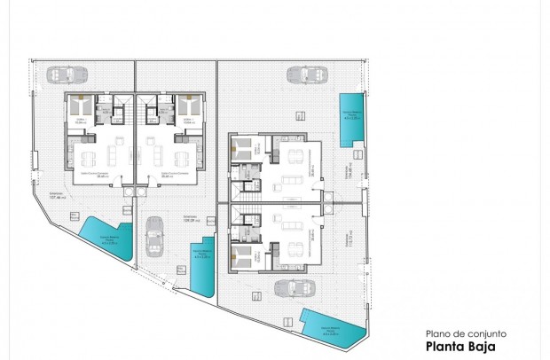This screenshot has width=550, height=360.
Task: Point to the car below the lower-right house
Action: point(292,288)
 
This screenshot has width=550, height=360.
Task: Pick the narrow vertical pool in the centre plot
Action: point(204,264)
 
